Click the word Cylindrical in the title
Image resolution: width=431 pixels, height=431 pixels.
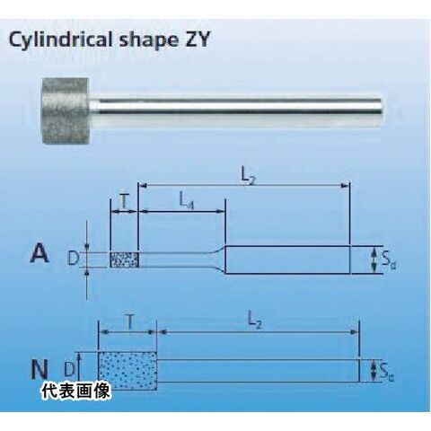(x=61, y=40)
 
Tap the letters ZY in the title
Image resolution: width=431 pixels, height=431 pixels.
(x=197, y=39)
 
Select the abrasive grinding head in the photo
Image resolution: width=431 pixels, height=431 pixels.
(x=65, y=110)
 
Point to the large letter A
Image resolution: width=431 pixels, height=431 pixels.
(x=40, y=253)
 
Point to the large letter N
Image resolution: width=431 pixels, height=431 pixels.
(x=40, y=369)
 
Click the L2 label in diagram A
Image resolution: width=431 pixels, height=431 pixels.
(x=249, y=177)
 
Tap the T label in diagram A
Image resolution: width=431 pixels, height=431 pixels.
(x=124, y=202)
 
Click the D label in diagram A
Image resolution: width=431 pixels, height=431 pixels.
(x=73, y=258)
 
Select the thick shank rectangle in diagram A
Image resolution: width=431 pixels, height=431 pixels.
(x=287, y=259)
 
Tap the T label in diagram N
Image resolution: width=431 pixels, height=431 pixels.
(x=129, y=322)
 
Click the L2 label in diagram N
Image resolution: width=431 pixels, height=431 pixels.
(x=255, y=322)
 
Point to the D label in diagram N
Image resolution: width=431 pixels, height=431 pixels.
(x=69, y=369)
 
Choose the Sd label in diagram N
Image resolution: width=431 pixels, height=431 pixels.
(x=387, y=371)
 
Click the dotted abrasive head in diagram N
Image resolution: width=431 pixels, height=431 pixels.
(x=128, y=371)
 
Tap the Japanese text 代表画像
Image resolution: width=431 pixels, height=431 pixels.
(x=76, y=391)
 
